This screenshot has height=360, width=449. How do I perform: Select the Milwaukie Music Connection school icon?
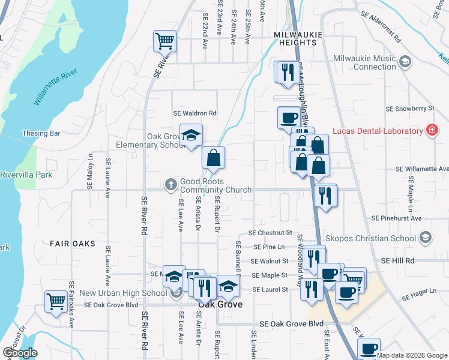[x=405, y=61]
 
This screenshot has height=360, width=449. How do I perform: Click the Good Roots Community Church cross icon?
[x=171, y=185]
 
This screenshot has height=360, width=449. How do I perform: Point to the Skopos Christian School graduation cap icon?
[x=425, y=238]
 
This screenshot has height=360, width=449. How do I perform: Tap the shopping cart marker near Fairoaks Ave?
[x=56, y=301]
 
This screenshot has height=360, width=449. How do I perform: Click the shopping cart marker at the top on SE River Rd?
[x=164, y=41]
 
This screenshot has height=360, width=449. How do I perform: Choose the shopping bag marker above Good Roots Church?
[x=213, y=158]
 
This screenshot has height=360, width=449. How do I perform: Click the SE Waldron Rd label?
[x=194, y=113]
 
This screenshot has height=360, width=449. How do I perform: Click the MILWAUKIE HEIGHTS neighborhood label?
[x=295, y=38]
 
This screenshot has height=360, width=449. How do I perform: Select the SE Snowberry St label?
[x=410, y=109]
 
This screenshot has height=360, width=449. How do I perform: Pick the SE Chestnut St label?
[x=270, y=233]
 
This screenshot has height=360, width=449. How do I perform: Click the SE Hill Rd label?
[x=398, y=260]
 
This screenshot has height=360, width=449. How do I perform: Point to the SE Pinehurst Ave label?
[x=397, y=218]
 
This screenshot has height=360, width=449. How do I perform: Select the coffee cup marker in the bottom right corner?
[x=370, y=349]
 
